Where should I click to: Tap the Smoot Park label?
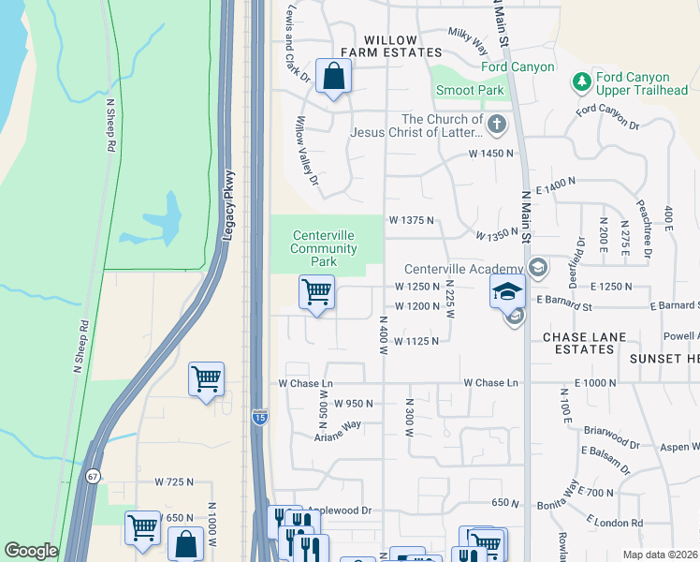click(x=469, y=91)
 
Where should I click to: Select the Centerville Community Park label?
click(x=324, y=248)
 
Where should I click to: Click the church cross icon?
click(x=497, y=124)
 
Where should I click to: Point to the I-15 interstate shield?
click(x=261, y=417)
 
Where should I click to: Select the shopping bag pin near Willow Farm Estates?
click(x=333, y=76)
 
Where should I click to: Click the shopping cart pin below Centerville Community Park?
click(x=316, y=292)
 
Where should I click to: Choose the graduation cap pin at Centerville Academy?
click(x=506, y=291)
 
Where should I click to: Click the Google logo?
click(x=31, y=551)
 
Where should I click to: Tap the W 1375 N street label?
click(x=412, y=220)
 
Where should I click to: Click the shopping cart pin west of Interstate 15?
click(x=206, y=379)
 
